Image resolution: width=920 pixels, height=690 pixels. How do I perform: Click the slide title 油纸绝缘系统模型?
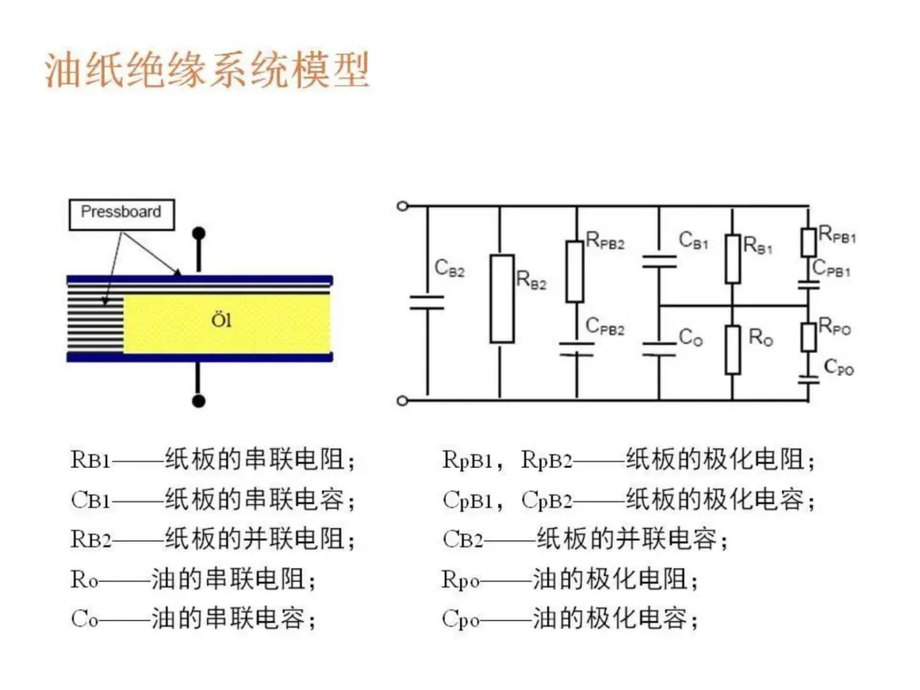tap(207, 71)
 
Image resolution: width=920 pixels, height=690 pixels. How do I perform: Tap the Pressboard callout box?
tap(120, 213)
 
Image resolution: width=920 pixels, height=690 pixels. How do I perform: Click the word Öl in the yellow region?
tap(221, 322)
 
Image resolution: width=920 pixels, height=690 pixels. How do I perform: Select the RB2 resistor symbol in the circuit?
tap(502, 298)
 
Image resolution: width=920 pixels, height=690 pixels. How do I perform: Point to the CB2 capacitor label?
tap(449, 268)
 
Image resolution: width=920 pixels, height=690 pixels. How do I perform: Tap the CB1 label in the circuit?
tap(693, 240)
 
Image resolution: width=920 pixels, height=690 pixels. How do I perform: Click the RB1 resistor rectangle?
tap(733, 259)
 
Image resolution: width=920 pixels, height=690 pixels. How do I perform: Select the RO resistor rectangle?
tap(733, 348)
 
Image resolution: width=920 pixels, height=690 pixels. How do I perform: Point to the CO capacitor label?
tap(690, 337)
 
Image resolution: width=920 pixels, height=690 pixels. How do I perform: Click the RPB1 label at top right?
tap(837, 234)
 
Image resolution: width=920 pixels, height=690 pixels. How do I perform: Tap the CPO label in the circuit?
tap(838, 368)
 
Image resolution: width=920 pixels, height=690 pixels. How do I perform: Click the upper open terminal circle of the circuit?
tap(402, 205)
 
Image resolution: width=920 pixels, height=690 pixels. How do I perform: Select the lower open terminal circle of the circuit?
tap(402, 399)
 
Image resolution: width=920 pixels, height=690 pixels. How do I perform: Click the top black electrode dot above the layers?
tap(198, 232)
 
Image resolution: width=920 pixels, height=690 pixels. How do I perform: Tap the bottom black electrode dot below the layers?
tap(198, 400)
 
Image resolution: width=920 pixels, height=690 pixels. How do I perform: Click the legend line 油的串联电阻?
tap(193, 580)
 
